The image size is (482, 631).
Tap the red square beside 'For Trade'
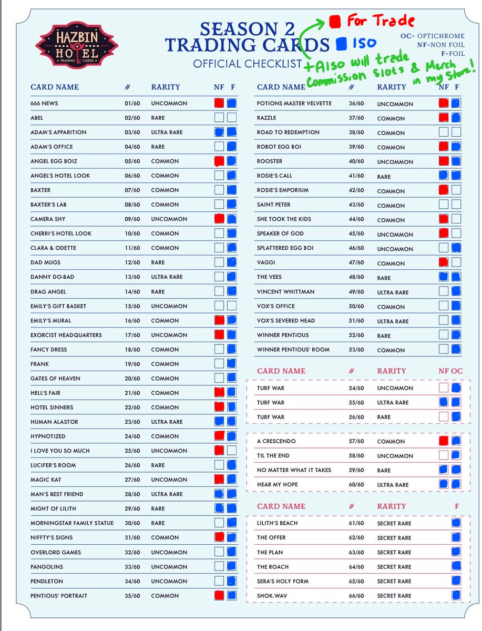coord(335,22)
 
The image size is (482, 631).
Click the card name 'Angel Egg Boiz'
coord(54,161)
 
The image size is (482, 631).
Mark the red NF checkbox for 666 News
coord(219,103)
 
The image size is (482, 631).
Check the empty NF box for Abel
coord(219,118)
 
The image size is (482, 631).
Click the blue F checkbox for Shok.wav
coord(456,595)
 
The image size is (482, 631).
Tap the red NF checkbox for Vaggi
coord(444,262)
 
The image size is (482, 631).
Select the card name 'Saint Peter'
coord(273,205)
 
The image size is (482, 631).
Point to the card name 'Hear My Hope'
coord(278,485)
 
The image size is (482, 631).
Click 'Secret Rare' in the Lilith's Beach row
coord(394,523)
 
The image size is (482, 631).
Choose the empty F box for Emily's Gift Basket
coord(231,306)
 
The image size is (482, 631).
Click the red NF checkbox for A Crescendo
coord(444,441)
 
